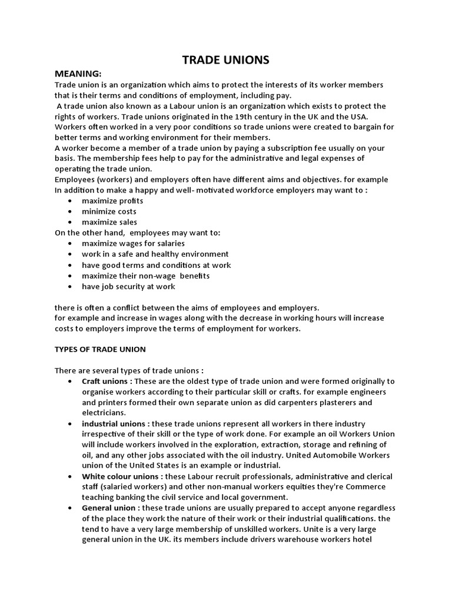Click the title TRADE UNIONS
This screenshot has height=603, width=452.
[225, 59]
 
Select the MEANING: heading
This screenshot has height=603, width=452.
[78, 73]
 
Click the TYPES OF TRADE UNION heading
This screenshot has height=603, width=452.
[100, 349]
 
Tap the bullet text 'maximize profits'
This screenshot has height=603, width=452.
[112, 201]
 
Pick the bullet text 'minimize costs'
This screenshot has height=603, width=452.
[109, 211]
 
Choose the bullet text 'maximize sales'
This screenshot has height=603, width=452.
[109, 222]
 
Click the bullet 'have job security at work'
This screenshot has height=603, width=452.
[128, 287]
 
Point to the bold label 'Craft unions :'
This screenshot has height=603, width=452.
[108, 382]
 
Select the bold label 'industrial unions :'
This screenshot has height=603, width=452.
[117, 424]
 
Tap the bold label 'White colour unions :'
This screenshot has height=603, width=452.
[123, 476]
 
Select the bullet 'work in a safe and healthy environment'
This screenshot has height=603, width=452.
[155, 254]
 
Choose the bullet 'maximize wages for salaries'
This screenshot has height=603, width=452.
[133, 244]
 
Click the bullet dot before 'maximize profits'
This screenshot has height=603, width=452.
[70, 201]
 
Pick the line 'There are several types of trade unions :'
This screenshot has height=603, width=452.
[129, 371]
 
